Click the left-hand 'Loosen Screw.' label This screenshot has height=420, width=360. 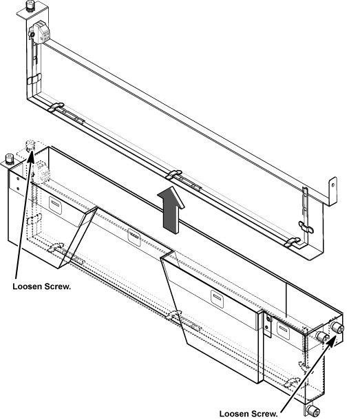click(x=42, y=286)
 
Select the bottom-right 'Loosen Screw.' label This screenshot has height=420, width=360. click(x=248, y=413)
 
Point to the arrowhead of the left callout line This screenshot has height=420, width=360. click(x=30, y=156)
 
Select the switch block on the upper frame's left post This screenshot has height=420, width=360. click(x=40, y=32)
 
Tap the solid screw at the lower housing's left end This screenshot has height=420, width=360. click(x=10, y=159)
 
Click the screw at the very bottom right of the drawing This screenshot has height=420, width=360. click(x=313, y=410)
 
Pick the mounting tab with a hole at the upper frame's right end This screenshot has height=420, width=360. click(x=332, y=191)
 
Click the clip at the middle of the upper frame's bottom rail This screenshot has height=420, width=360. click(x=174, y=175)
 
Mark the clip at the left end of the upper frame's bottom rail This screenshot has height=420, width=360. click(x=56, y=107)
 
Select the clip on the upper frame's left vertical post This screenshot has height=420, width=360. click(x=34, y=79)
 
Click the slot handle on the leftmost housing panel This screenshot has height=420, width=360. click(x=55, y=205)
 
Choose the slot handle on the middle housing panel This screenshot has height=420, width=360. click(x=134, y=238)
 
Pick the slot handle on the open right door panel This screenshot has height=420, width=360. click(x=218, y=298)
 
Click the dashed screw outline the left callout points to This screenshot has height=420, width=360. click(x=30, y=145)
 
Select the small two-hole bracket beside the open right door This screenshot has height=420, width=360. click(x=267, y=325)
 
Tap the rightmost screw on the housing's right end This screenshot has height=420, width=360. click(x=337, y=328)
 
